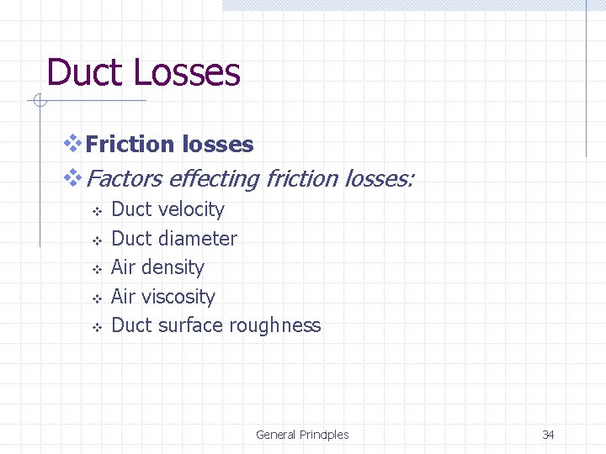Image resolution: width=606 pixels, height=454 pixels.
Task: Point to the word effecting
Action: coord(214,178)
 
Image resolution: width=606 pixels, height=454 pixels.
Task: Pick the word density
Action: coord(173,267)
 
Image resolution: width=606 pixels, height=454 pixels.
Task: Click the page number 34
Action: coord(548,435)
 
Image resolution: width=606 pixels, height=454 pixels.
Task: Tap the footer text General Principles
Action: coord(302,435)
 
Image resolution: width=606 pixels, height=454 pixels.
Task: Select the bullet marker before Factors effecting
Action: coord(73,177)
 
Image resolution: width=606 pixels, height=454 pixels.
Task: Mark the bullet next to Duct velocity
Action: coord(96,211)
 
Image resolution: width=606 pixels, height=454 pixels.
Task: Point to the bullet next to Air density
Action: coord(96,269)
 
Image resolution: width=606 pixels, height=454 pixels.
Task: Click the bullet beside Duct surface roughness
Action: coord(96,327)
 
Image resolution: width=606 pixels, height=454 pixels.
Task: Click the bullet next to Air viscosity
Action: coord(96,298)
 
